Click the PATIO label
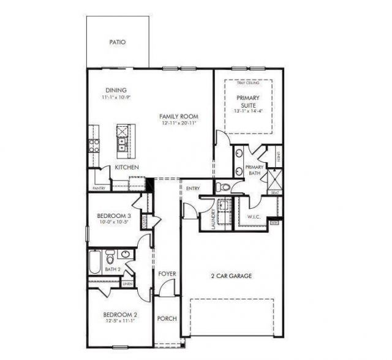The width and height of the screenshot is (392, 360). tap(117, 43)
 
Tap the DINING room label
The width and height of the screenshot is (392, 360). tap(116, 90)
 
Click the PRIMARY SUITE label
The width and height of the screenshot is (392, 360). tap(247, 102)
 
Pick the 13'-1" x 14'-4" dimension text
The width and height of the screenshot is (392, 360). tap(247, 111)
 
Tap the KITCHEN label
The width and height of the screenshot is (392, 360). tap(127, 167)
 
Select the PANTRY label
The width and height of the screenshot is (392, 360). tap(99, 189)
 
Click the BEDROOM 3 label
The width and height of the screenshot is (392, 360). tap(114, 216)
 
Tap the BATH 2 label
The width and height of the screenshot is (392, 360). tap(112, 269)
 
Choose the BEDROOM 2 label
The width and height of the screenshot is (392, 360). tap(120, 315)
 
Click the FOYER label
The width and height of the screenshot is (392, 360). tap(167, 273)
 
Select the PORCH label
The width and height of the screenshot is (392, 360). tap(167, 319)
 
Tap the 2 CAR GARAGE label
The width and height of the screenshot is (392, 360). tap(230, 276)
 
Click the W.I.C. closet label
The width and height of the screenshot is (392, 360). tap(255, 217)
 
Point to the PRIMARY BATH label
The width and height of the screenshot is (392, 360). tap(254, 170)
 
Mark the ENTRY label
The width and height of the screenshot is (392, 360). tap(193, 189)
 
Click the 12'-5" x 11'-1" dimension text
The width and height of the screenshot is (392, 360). tap(120, 323)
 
